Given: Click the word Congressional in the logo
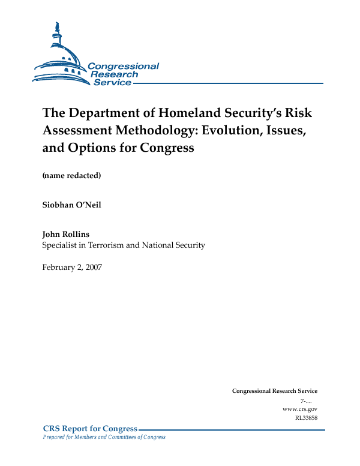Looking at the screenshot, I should click(x=124, y=66).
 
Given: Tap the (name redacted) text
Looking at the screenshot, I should click(x=71, y=176).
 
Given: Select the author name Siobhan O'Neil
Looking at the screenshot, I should click(x=72, y=205).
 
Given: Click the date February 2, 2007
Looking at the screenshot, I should click(x=72, y=267).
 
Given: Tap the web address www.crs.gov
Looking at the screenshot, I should click(x=299, y=408).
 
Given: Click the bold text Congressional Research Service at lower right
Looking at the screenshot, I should click(x=274, y=391).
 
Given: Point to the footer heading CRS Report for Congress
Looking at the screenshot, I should click(x=91, y=429).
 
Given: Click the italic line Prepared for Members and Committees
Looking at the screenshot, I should click(x=104, y=437).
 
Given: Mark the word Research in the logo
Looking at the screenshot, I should click(x=115, y=74).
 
